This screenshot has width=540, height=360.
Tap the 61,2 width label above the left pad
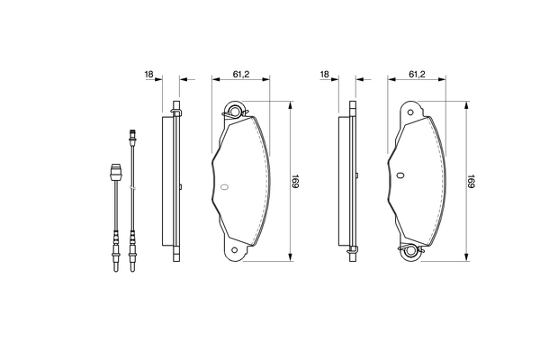(241, 75)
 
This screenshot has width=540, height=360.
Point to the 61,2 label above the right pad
(417, 75)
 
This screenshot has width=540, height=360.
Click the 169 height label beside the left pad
(296, 182)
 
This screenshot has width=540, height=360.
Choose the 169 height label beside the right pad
(472, 182)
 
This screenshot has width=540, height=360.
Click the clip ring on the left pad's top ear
(236, 112)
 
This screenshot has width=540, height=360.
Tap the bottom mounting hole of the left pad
(235, 250)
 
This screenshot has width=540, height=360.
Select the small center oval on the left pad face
(225, 187)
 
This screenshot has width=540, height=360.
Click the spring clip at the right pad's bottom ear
(410, 251)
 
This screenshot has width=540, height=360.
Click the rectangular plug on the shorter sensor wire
(114, 171)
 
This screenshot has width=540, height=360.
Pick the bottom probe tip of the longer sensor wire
(132, 262)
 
